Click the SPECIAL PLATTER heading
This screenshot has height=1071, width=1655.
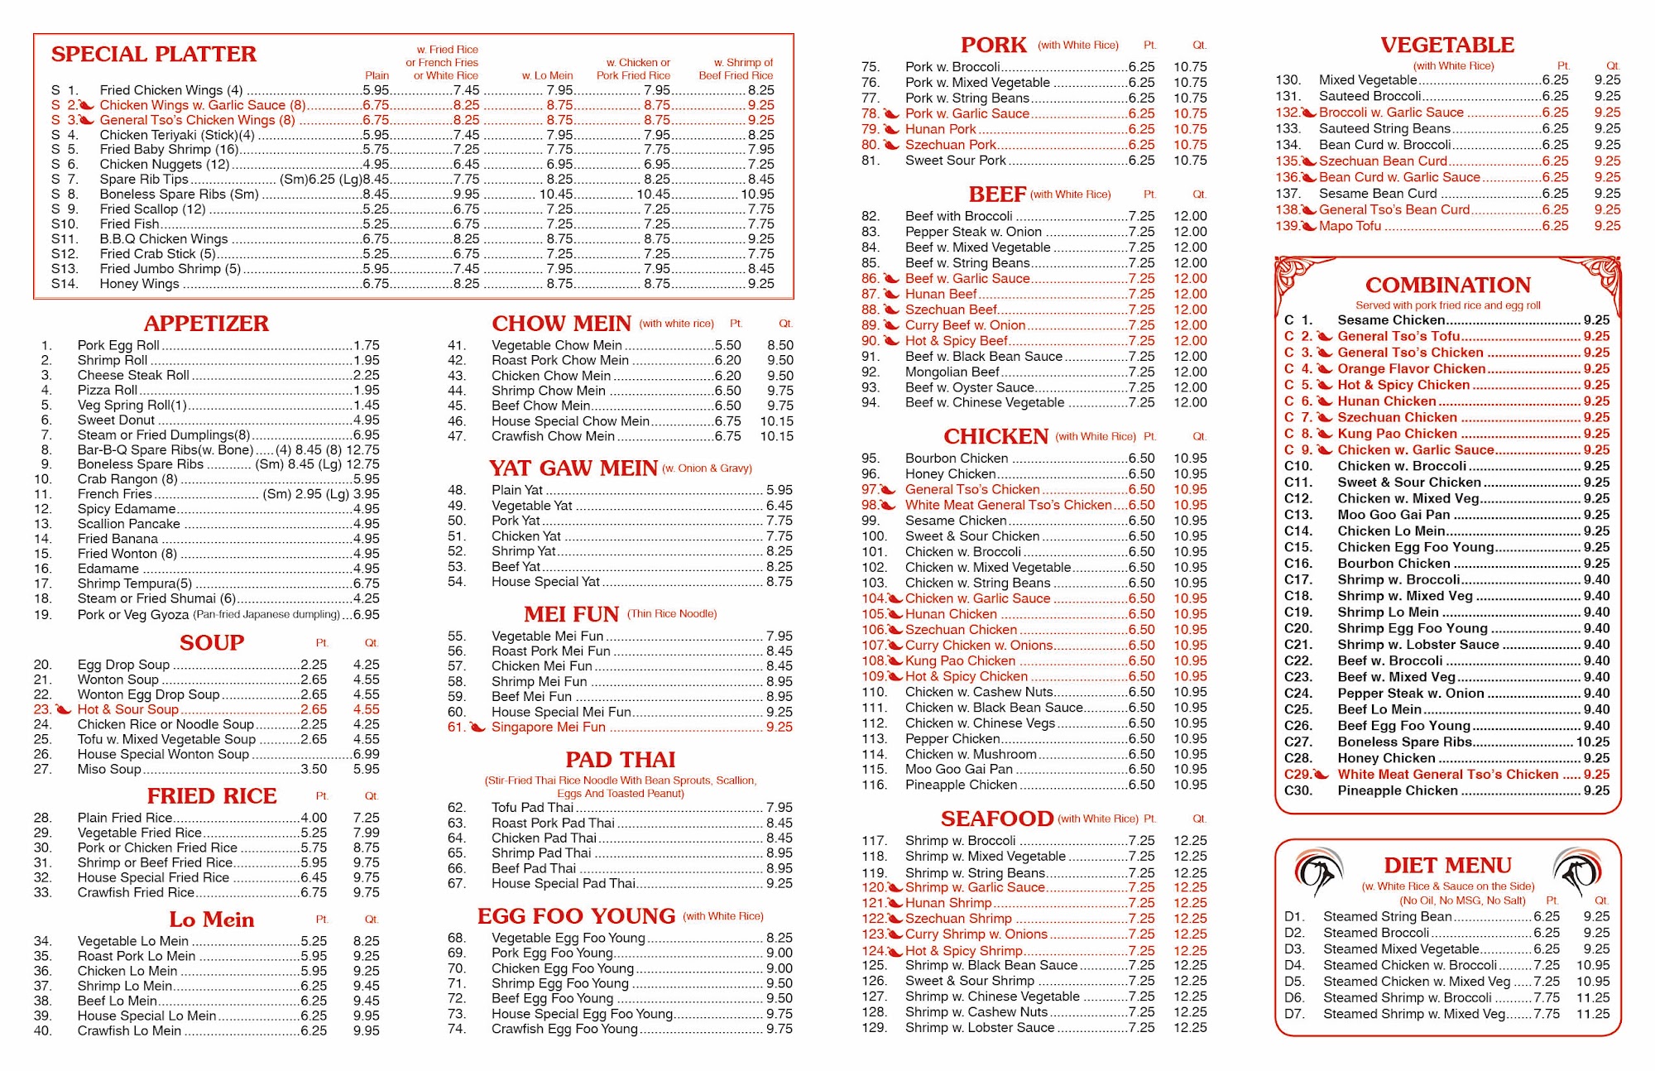[x=154, y=55]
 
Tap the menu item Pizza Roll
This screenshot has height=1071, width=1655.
[x=108, y=390]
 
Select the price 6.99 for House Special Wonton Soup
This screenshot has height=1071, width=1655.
[x=366, y=754]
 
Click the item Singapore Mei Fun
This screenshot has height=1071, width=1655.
[x=548, y=727]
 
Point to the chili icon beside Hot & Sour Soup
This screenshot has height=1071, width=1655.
[x=64, y=709]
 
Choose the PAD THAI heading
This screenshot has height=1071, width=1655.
[x=620, y=760]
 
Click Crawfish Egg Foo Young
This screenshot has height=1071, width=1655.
[x=564, y=1029]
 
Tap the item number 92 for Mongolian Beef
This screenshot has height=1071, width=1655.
[x=870, y=372]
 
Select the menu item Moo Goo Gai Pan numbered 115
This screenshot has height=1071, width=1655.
[x=958, y=769]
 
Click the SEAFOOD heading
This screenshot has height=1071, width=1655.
[x=996, y=819]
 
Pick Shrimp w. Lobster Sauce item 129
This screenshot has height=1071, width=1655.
[x=979, y=1027]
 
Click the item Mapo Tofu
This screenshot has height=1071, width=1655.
[x=1350, y=226]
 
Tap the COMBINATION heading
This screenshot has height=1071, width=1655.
[x=1447, y=286]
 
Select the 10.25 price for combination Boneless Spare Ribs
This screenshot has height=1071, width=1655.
[x=1592, y=742]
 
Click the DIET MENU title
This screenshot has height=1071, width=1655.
[x=1447, y=866]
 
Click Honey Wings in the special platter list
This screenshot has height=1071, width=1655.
[x=139, y=284]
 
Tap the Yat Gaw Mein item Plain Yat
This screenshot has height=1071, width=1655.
[x=517, y=490]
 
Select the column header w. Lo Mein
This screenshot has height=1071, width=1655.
[x=547, y=75]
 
